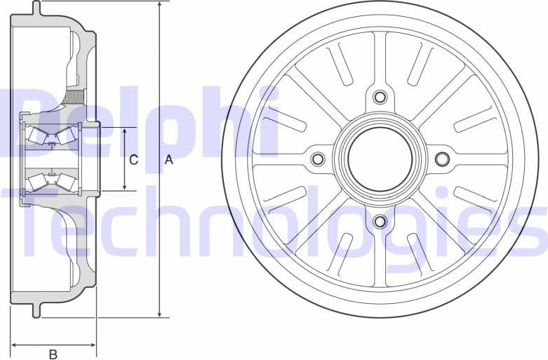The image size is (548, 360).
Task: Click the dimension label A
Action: (168, 160)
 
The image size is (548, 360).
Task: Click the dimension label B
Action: (53, 354)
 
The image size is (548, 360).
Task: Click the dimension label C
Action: (134, 160)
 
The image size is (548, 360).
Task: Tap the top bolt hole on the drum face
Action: (380, 97)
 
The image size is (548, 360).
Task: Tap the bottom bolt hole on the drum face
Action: (380, 222)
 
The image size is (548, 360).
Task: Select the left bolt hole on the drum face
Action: (318, 159)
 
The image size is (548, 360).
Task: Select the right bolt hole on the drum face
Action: (442, 159)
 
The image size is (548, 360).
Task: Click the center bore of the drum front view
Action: (380, 159)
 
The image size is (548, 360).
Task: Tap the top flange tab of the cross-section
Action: (36, 8)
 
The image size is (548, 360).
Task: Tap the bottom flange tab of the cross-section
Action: (36, 309)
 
